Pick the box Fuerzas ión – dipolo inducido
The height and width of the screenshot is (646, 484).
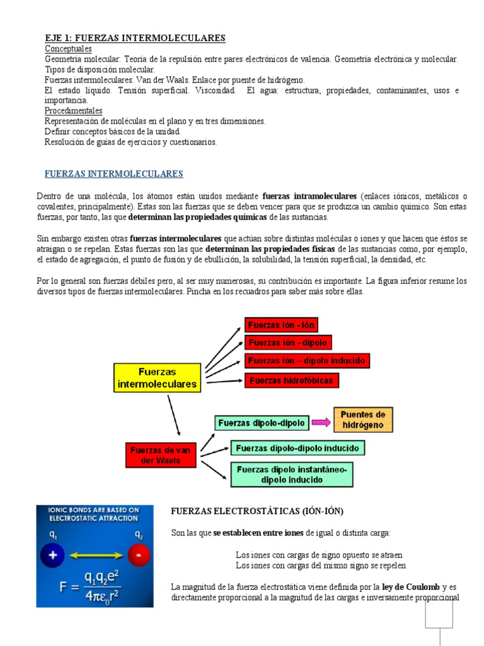(306, 361)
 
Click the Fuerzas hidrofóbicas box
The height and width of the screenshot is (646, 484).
(292, 380)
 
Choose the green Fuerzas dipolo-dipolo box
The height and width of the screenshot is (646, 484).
(261, 423)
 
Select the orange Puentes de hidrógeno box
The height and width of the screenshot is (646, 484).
(362, 420)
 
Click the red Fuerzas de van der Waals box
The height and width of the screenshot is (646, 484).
(160, 455)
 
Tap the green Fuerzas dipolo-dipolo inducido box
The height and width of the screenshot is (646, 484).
(297, 448)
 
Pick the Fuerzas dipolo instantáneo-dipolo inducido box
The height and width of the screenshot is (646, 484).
(292, 474)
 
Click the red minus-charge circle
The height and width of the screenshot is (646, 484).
(139, 555)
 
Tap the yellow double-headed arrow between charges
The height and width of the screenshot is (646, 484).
(96, 555)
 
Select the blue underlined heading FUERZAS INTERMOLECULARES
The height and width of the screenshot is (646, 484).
(113, 173)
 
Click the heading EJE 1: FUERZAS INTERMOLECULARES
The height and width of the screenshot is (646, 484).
(135, 38)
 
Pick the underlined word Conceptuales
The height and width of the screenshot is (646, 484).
(68, 49)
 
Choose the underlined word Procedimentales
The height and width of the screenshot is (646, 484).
(73, 110)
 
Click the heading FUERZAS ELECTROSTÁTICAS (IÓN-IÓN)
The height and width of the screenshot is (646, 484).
(258, 511)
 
